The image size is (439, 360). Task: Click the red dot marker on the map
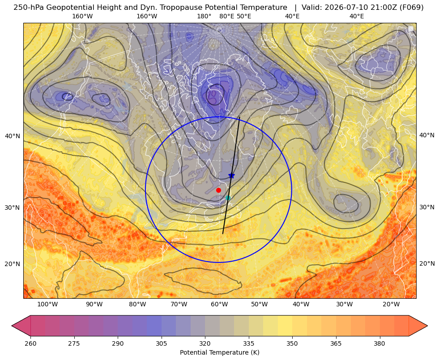tap(219, 190)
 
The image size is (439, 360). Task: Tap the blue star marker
tap(231, 176)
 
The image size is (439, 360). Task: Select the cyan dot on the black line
tap(228, 198)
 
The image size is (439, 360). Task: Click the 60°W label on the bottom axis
tap(219, 305)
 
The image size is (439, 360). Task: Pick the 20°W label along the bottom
tap(391, 305)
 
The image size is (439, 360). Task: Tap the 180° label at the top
tap(204, 16)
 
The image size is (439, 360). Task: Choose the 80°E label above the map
tap(226, 16)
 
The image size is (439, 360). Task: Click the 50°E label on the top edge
tap(244, 16)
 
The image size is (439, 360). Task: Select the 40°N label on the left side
tap(13, 136)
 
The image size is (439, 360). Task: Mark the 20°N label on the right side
tap(427, 263)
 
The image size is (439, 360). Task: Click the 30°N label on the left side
tap(13, 208)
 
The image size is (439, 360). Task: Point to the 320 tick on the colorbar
tap(205, 343)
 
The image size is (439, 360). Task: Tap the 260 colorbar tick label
tap(30, 343)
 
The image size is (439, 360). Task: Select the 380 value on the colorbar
tap(379, 343)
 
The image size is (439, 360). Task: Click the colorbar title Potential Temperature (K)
tap(219, 352)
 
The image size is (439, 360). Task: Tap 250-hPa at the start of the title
tap(29, 8)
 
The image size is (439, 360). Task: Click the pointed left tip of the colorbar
tap(12, 326)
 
